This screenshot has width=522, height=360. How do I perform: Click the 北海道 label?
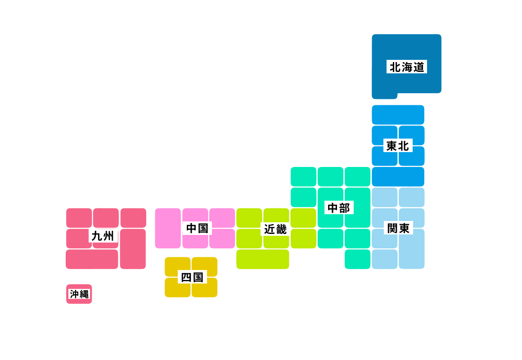pyautogui.click(x=406, y=67)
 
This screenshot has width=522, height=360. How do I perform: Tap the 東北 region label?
pyautogui.click(x=398, y=146)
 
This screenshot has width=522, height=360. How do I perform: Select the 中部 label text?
pyautogui.click(x=339, y=207)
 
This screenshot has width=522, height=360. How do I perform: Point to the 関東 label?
pyautogui.click(x=398, y=228)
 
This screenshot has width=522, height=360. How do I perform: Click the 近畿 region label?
pyautogui.click(x=275, y=229)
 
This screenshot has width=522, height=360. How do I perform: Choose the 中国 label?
pyautogui.click(x=197, y=228)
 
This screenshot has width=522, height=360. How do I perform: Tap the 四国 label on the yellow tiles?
pyautogui.click(x=192, y=277)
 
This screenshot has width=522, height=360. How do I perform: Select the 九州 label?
pyautogui.click(x=103, y=235)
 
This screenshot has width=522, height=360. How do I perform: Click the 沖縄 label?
pyautogui.click(x=79, y=294)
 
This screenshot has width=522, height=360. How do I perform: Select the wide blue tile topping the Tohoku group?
pyautogui.click(x=398, y=115)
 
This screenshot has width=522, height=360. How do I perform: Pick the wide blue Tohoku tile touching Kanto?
pyautogui.click(x=398, y=176)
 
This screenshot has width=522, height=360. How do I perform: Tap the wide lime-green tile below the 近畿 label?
pyautogui.click(x=262, y=259)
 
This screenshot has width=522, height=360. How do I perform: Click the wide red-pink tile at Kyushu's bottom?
pyautogui.click(x=92, y=259)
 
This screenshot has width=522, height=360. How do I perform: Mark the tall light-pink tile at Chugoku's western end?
pyautogui.click(x=167, y=228)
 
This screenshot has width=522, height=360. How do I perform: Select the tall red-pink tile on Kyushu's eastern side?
pyautogui.click(x=133, y=249)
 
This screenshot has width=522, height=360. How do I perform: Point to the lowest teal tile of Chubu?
pyautogui.click(x=357, y=259)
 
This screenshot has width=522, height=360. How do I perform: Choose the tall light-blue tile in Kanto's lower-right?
pyautogui.click(x=411, y=249)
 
